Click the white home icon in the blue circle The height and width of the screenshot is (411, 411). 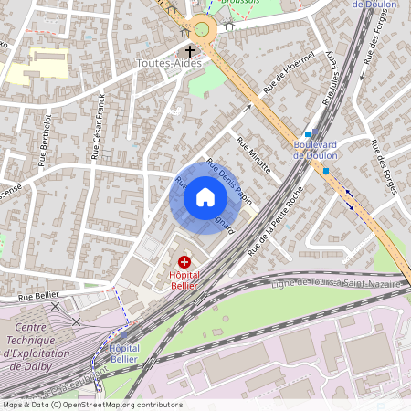[x=205, y=197]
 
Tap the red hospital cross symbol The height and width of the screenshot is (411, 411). [x=184, y=261]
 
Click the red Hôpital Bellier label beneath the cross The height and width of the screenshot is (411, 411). [x=185, y=279]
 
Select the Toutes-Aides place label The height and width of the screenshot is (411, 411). [x=169, y=64]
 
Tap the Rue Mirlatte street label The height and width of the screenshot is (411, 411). [x=253, y=154]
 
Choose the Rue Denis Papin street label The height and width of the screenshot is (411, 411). [x=228, y=179]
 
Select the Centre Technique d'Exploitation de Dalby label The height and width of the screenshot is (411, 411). [x=32, y=347]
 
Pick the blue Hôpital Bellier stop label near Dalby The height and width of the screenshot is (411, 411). [x=124, y=354]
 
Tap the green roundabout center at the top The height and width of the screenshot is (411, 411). [x=202, y=30]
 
